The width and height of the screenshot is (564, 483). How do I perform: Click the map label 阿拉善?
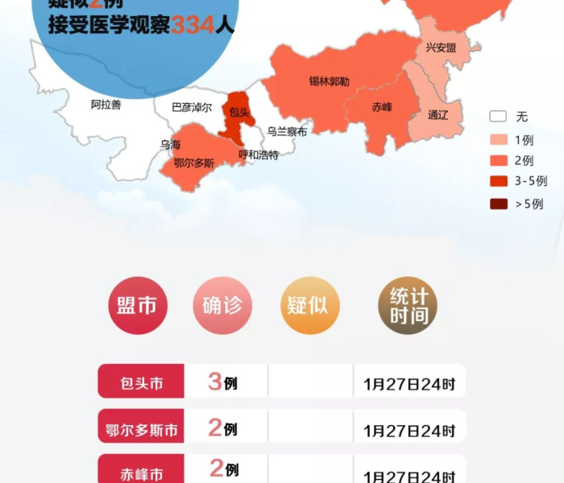click(106, 105)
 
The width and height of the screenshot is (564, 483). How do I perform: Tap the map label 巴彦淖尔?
click(192, 107)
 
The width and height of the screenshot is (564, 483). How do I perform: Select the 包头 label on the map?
click(239, 113)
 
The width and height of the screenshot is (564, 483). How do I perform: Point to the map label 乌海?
click(170, 145)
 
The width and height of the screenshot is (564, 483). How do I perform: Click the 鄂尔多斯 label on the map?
click(194, 163)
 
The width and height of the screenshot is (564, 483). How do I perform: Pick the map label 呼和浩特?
click(259, 155)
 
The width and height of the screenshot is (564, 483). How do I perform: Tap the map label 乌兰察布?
click(287, 130)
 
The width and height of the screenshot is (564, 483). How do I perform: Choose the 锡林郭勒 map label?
click(329, 81)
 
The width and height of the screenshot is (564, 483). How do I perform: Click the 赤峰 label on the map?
click(382, 106)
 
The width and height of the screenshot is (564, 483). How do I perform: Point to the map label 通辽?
click(438, 114)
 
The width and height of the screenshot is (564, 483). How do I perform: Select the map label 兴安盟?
click(441, 47)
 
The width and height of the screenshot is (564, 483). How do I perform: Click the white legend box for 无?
click(498, 117)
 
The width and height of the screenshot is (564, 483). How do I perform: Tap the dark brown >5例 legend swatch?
click(498, 204)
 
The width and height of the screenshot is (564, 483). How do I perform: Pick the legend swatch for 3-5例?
click(498, 181)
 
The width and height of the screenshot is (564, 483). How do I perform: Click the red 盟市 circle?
click(137, 306)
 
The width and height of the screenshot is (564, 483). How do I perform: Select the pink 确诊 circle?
click(222, 306)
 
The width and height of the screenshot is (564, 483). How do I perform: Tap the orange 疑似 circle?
click(309, 306)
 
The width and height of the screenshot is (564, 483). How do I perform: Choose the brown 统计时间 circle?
click(408, 306)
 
